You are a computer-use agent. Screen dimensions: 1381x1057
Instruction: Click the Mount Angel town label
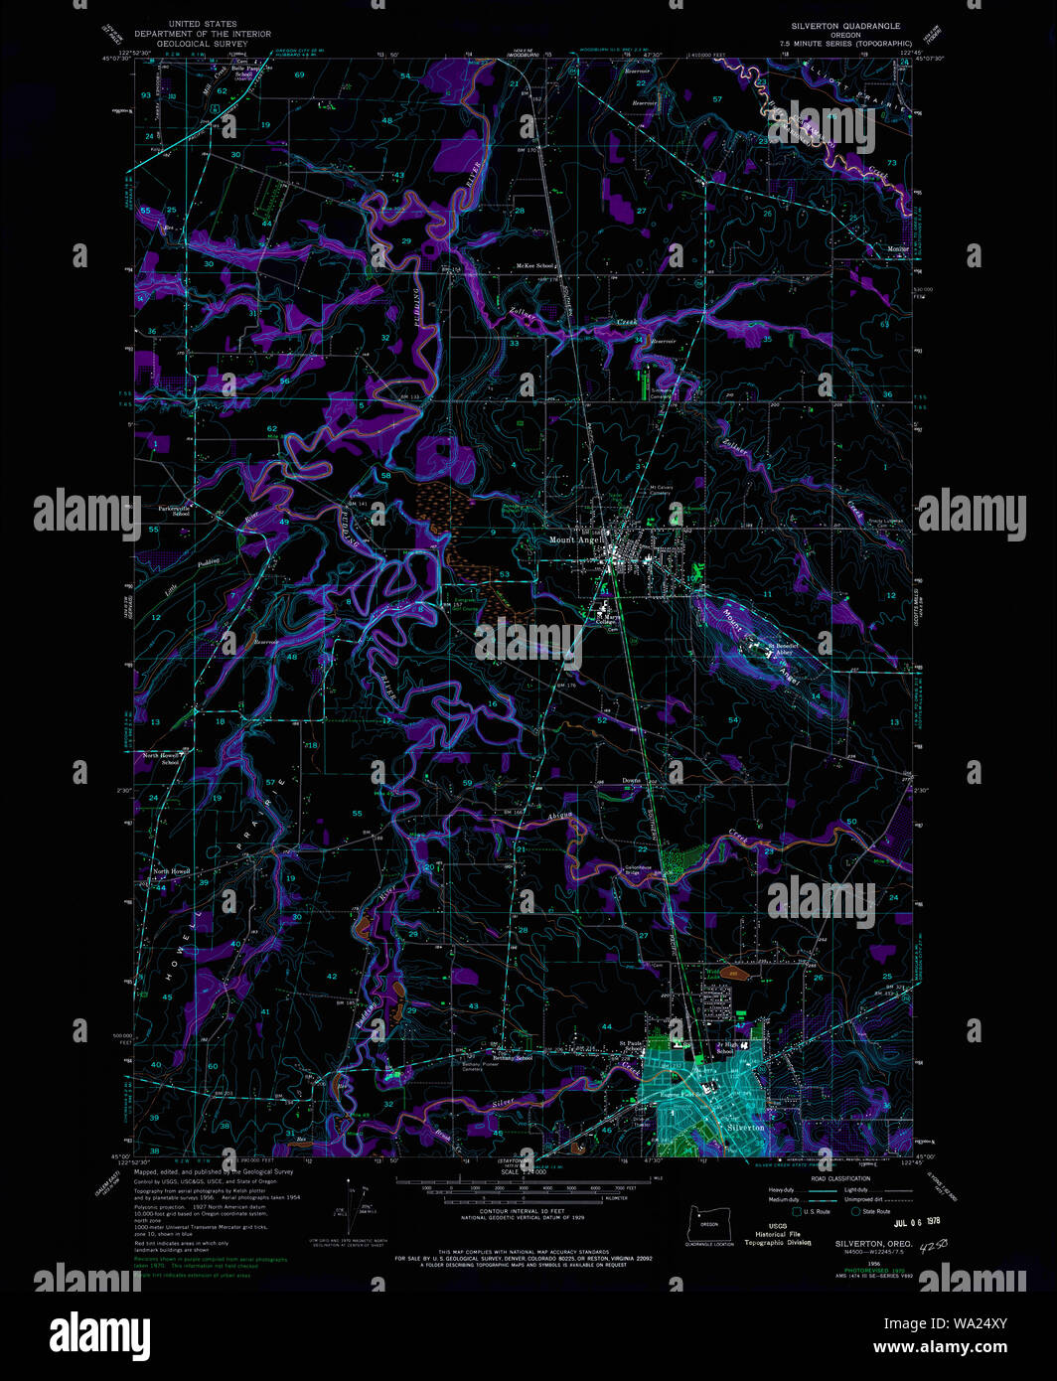(571, 540)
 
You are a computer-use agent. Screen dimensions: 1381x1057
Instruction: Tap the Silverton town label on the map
(746, 1128)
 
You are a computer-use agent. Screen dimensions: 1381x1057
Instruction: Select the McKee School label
(535, 266)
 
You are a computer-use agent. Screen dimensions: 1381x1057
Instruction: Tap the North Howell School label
(161, 759)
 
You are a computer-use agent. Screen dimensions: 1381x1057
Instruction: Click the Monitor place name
(897, 248)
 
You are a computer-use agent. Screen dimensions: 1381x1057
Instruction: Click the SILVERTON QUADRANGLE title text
(845, 26)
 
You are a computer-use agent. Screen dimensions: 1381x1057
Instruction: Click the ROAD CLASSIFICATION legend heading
(840, 1179)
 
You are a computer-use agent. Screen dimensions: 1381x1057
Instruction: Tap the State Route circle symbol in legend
(856, 1211)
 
